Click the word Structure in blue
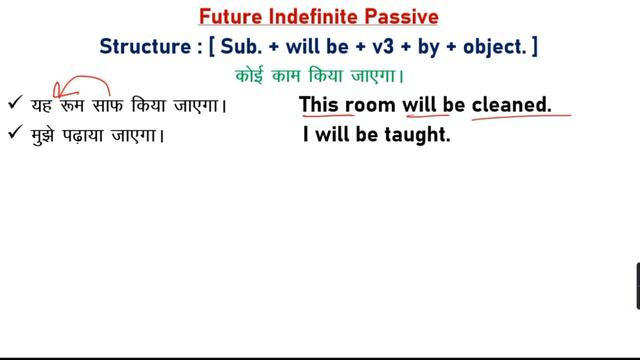(141, 47)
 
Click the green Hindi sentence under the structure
(320, 75)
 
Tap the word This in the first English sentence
(321, 103)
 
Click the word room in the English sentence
(371, 103)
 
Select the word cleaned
(512, 103)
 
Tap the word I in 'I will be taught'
(306, 134)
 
